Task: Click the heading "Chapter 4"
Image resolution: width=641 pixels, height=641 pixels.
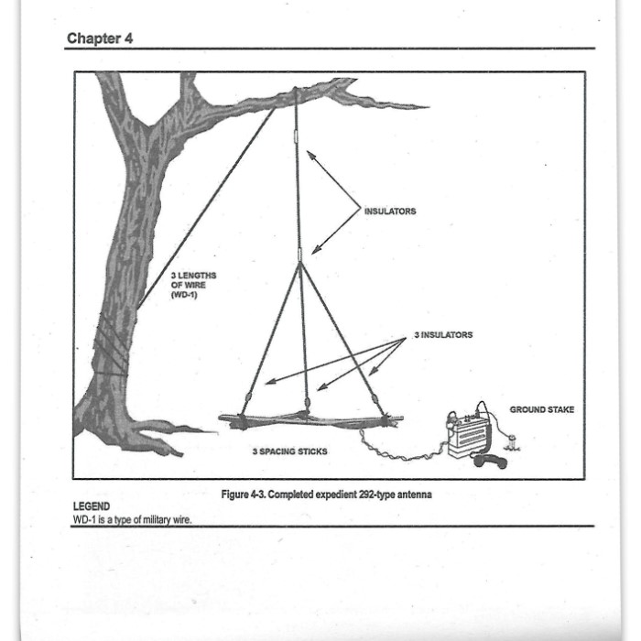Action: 100,39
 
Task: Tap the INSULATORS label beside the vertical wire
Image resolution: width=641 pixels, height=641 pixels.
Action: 389,212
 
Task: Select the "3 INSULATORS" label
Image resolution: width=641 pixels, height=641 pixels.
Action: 443,335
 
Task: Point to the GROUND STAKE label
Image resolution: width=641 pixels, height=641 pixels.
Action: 542,409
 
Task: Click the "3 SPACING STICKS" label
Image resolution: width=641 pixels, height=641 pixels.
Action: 289,451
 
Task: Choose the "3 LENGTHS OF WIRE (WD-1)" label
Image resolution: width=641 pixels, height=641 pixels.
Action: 193,284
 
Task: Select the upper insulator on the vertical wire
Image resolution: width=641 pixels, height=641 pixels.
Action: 297,137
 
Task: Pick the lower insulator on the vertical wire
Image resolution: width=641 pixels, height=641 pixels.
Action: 299,253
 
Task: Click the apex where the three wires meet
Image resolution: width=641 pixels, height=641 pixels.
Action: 299,263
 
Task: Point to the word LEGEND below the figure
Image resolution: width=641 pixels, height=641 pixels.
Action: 92,506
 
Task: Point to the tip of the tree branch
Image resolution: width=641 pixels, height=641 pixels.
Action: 427,107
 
